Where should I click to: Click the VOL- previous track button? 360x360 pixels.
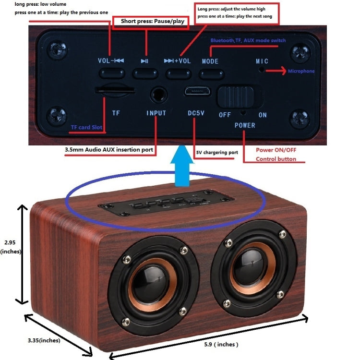coord(111,73)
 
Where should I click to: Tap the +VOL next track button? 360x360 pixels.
coord(178,73)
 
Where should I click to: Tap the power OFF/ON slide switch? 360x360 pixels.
coord(236,96)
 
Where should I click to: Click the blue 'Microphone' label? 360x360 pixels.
coord(301,72)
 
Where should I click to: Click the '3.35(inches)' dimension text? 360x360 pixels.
coord(44,340)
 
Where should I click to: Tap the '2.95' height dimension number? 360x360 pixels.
coord(10,243)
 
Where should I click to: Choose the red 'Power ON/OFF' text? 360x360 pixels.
coord(276,150)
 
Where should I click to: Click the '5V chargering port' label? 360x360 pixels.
coord(217,153)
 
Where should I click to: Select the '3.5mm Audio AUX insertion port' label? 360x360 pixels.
coord(109,150)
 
